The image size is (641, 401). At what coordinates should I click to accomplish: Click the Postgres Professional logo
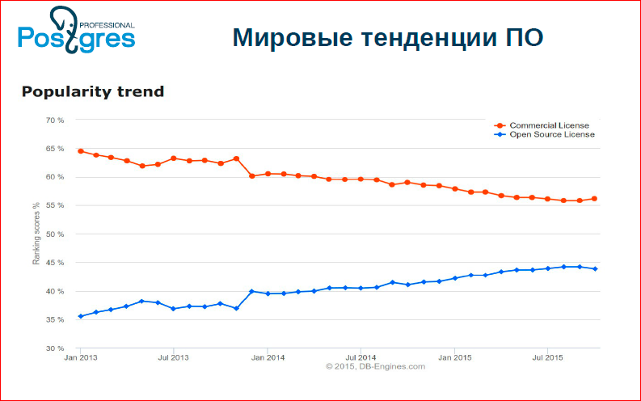(76, 29)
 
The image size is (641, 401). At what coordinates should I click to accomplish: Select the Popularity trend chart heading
(92, 91)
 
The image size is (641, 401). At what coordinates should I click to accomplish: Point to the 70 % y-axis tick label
(54, 120)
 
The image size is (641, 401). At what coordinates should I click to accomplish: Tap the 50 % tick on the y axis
(54, 234)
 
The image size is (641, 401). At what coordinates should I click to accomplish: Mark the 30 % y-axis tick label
(54, 348)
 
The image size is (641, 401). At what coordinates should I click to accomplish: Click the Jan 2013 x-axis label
(80, 357)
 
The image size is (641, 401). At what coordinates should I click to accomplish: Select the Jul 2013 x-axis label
(173, 357)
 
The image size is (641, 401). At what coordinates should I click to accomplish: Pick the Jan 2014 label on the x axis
(268, 357)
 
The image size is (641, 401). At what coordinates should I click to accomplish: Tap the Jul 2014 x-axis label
(361, 357)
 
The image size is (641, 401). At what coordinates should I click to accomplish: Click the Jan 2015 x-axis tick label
(454, 357)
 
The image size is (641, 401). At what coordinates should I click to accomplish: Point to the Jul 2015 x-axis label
(547, 357)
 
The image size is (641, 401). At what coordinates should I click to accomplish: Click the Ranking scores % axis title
(36, 234)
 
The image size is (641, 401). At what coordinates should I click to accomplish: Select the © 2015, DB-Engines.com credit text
(374, 366)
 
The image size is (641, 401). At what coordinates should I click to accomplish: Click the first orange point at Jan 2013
(80, 151)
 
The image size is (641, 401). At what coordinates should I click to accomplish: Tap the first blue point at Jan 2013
(80, 316)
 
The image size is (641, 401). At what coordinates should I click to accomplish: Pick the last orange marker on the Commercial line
(595, 198)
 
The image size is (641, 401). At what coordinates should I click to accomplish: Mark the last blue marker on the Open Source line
(595, 268)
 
